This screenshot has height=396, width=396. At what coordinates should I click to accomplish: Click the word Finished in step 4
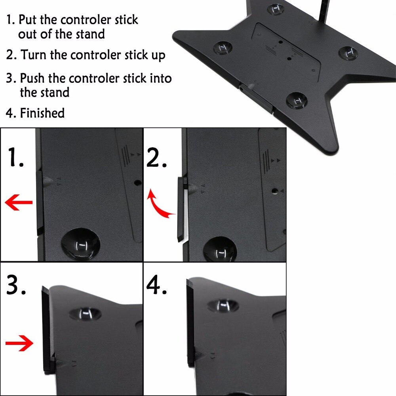click(x=42, y=113)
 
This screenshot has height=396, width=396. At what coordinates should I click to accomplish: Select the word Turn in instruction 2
click(x=33, y=55)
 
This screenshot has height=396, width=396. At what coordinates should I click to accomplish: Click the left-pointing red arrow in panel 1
click(x=19, y=202)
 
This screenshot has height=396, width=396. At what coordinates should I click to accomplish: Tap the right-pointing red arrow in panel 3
click(x=19, y=343)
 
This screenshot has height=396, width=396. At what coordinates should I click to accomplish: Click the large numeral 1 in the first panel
click(x=16, y=157)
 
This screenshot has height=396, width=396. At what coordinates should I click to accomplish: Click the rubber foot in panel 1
click(x=80, y=244)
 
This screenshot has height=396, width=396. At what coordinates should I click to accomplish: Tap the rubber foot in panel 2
click(x=220, y=249)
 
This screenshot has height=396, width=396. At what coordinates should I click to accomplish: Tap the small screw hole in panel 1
click(x=137, y=182)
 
